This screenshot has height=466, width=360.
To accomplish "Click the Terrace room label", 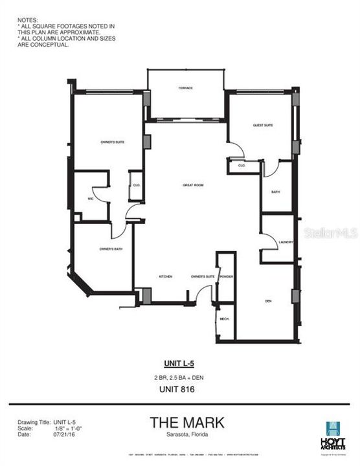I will (x=186, y=88).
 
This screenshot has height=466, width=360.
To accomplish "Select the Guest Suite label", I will (x=263, y=125).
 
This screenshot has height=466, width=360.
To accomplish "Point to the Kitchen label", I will (x=165, y=277).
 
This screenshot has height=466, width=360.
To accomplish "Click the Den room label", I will (x=268, y=301).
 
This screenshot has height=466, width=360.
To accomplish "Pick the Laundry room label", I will (x=286, y=242).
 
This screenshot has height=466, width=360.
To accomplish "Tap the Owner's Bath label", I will (x=108, y=249).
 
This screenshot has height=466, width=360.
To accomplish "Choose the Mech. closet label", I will (x=225, y=319).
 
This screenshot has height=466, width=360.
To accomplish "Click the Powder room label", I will (x=226, y=277).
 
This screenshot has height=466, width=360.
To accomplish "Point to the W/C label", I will (x=91, y=199).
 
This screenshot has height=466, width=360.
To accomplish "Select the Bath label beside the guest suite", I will (x=275, y=192).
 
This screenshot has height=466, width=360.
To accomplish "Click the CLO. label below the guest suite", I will (x=241, y=166).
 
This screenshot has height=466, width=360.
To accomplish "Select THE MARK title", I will (x=187, y=423).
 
